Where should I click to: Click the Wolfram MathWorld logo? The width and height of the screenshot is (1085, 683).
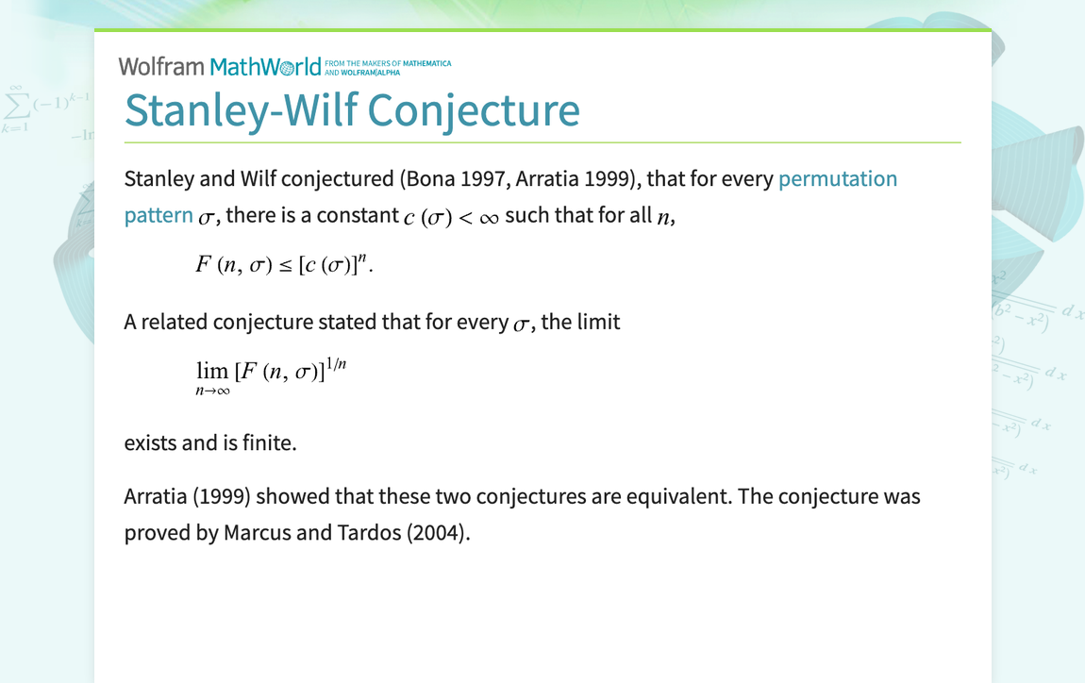[x=219, y=67]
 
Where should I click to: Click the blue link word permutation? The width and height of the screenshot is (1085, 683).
[x=837, y=178]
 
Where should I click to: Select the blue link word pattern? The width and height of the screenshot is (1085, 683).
[x=159, y=215]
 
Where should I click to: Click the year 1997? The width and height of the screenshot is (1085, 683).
[x=484, y=178]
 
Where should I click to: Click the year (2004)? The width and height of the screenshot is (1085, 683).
[x=437, y=532]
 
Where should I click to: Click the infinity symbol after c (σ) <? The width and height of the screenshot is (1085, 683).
[x=489, y=217]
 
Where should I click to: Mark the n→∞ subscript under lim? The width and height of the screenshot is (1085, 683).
[x=212, y=391]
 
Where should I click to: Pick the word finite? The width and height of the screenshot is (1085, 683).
[x=266, y=441]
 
